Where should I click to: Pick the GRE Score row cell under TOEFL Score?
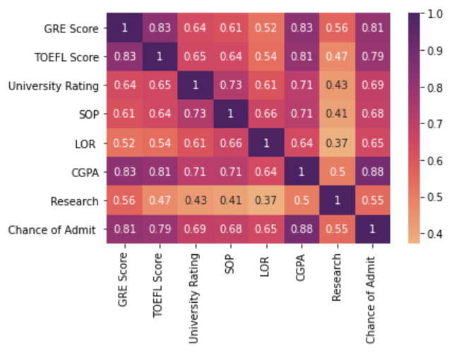[x=159, y=28]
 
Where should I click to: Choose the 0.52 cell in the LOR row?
[x=124, y=143]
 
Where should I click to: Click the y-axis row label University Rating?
[x=54, y=86]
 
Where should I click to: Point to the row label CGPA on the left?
[x=85, y=172]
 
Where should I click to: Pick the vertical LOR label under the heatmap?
[x=265, y=263]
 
